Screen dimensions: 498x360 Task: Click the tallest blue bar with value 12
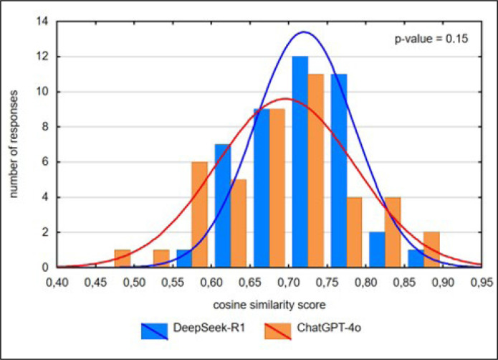tap(300, 162)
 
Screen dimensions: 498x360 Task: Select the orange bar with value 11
tap(316, 171)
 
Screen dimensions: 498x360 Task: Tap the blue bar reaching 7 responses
tap(223, 206)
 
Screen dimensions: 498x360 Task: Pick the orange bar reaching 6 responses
tap(200, 214)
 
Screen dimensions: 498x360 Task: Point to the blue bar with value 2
tap(377, 250)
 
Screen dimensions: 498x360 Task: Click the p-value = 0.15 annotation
tap(431, 39)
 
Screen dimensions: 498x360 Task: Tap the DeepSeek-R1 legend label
tap(209, 328)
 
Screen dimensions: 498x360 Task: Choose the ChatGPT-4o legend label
tap(329, 328)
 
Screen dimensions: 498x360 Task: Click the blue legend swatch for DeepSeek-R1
tap(154, 331)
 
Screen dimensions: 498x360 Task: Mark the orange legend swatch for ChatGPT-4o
tap(277, 331)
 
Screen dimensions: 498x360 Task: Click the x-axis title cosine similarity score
tap(269, 305)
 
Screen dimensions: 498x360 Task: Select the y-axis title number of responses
tap(13, 144)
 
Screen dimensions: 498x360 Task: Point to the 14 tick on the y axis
tap(42, 22)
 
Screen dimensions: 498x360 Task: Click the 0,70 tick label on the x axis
tap(289, 283)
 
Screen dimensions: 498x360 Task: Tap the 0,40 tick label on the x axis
tap(57, 283)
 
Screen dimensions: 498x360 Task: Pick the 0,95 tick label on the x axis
tap(482, 283)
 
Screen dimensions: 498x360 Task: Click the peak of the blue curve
tap(304, 32)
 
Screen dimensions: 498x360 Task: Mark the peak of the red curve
tap(286, 98)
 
